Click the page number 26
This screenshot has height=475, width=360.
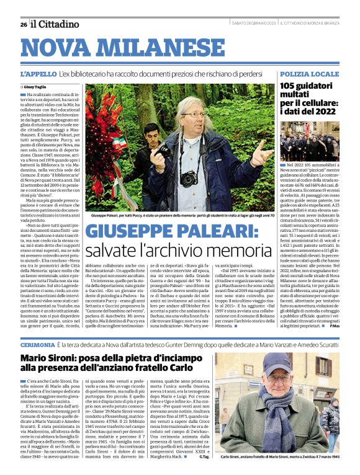click(x=23, y=24)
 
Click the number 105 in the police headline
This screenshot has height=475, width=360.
click(x=289, y=86)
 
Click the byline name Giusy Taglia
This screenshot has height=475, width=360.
click(x=39, y=87)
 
